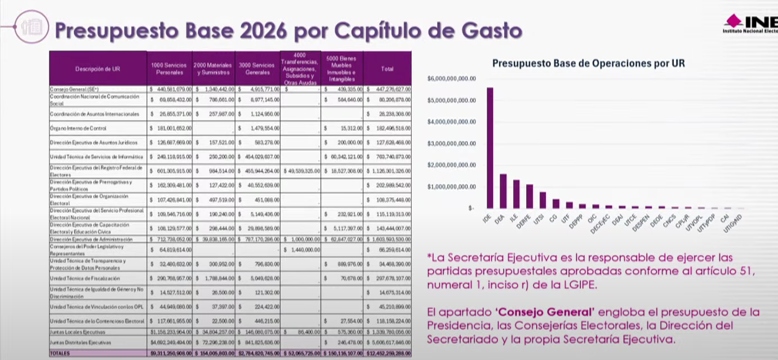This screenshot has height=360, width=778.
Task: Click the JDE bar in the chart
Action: [490, 148]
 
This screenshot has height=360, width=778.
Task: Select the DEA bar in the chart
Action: [503, 191]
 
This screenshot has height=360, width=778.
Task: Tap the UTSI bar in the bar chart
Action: [543, 200]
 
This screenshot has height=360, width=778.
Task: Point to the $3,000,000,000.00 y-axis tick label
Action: [452, 144]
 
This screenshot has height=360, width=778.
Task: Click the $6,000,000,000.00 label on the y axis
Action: [452, 78]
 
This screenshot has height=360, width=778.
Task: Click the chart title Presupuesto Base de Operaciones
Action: [588, 64]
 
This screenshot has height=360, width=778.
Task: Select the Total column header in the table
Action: [387, 69]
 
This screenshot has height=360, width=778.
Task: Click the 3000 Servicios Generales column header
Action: [257, 69]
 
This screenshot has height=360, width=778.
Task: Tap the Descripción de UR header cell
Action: [97, 69]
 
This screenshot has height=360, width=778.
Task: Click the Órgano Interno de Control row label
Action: [78, 128]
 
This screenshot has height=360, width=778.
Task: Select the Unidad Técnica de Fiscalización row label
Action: [85, 278]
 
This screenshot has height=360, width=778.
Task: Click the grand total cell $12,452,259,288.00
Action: [388, 353]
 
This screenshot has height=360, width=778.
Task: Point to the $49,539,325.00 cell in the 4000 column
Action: [301, 170]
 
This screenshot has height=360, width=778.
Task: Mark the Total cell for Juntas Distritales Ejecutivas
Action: [388, 342]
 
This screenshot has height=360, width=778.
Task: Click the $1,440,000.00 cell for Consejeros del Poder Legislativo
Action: [301, 249]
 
